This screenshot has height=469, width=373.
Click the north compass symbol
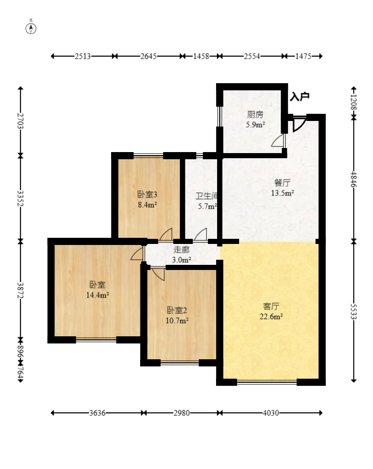tap(31, 29)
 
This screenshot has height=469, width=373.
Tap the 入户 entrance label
tap(299, 96)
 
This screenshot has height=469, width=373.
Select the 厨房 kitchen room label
tap(255, 114)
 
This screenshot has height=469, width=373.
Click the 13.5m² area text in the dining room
tap(282, 193)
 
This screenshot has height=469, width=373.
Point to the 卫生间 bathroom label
tap(206, 196)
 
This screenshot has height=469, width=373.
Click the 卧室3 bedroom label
tap(147, 195)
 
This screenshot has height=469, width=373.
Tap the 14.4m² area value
tap(97, 295)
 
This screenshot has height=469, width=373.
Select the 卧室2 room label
tap(177, 310)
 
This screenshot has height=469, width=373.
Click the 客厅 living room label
tap(271, 306)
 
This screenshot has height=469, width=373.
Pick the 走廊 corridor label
tap(181, 250)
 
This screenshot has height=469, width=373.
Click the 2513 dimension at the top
tap(83, 56)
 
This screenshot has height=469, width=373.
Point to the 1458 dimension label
tap(201, 56)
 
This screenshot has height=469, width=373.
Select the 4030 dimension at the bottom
tap(271, 413)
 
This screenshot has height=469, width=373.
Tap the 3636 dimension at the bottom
tap(97, 413)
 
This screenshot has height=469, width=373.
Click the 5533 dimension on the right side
tap(354, 312)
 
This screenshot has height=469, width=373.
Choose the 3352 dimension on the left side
tap(20, 198)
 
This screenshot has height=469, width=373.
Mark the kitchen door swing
tap(278, 140)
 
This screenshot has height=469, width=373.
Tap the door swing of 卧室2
tap(158, 274)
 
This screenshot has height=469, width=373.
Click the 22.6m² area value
tap(271, 316)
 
